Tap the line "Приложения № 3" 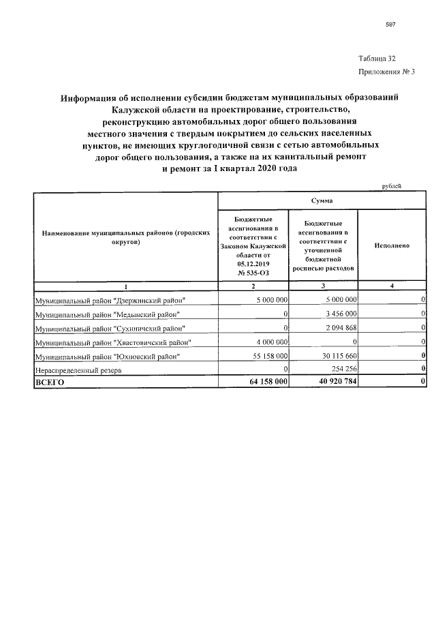point(386,72)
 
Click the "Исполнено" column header point(392,245)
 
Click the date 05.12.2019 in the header point(253,263)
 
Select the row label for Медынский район point(108,314)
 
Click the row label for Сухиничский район point(109,328)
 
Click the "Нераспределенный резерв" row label point(76,370)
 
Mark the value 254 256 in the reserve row point(342,370)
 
